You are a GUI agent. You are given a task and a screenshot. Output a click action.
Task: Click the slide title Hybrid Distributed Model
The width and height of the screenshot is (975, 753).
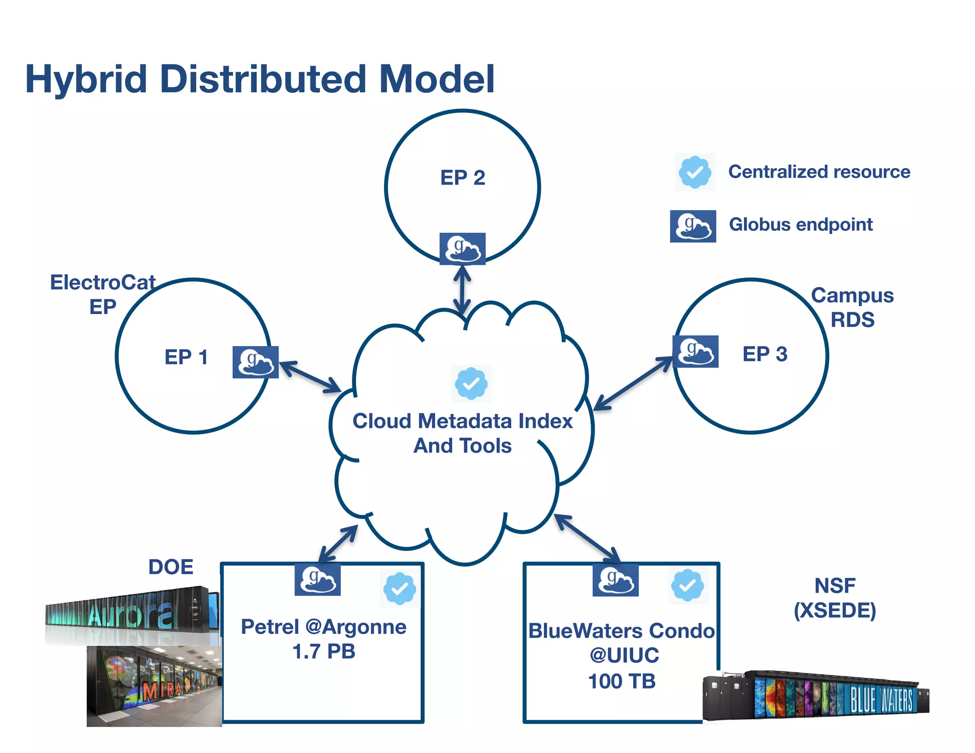(259, 79)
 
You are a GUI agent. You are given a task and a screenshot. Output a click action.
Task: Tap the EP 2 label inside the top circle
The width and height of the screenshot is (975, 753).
(462, 178)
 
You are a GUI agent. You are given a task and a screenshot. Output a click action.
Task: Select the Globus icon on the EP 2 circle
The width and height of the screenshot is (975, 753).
(462, 249)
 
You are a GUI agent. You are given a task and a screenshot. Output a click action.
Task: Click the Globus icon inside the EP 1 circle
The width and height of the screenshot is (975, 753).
(255, 362)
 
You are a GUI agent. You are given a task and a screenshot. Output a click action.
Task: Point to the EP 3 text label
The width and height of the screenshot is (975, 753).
(765, 354)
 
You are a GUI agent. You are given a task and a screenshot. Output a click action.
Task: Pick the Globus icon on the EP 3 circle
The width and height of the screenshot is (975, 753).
(695, 351)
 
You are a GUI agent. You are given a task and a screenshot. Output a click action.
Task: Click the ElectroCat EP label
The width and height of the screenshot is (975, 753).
(103, 294)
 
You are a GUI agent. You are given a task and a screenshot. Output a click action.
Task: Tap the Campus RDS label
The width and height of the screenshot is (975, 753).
(852, 307)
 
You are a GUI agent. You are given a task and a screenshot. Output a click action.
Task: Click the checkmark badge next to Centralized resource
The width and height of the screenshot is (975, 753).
(695, 172)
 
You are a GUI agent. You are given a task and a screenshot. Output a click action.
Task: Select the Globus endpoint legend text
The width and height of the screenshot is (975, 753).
(801, 225)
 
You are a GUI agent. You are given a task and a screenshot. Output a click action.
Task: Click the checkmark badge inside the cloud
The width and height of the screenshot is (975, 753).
(471, 383)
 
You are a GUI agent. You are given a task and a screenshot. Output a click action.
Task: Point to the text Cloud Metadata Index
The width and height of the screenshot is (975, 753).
(462, 421)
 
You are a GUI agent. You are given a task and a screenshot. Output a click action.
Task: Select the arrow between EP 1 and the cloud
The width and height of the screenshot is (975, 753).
(310, 377)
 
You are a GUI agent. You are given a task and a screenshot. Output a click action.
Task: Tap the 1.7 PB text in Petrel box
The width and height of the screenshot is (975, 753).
(324, 652)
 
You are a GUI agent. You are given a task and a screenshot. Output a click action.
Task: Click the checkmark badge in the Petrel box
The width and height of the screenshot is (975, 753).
(399, 589)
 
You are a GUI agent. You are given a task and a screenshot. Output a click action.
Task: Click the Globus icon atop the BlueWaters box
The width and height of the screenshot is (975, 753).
(615, 580)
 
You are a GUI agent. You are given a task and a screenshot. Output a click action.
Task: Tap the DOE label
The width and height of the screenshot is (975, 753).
(171, 567)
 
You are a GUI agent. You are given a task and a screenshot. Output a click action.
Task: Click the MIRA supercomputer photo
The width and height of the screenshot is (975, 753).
(154, 686)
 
